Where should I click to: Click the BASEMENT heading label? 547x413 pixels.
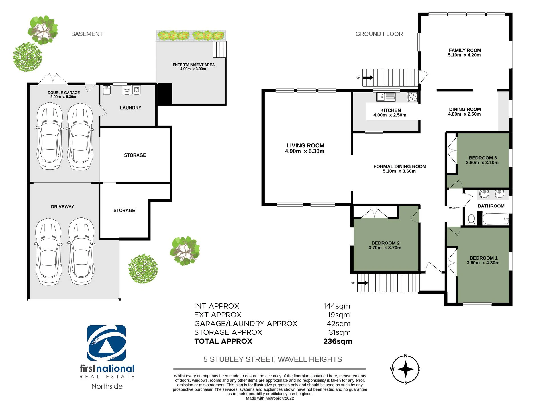tap(87, 34)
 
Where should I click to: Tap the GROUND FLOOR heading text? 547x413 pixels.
tap(379, 34)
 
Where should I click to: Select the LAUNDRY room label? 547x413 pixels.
tap(130, 108)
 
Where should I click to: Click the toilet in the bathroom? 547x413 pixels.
tap(472, 219)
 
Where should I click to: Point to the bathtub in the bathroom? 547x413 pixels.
tap(495, 219)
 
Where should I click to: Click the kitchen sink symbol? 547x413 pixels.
tap(386, 97)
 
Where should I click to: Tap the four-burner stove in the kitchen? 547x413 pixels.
tap(412, 97)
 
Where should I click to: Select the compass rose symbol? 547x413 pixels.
tap(405, 369)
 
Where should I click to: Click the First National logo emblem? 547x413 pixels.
tap(107, 343)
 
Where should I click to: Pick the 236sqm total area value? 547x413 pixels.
tap(338, 341)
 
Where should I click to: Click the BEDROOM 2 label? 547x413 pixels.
tap(385, 243)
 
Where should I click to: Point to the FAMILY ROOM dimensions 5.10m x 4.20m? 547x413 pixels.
tap(464, 55)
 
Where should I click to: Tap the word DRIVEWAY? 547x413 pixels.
tap(62, 207)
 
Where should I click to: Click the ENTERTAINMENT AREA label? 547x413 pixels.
tap(193, 65)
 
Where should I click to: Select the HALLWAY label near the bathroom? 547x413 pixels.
tap(455, 208)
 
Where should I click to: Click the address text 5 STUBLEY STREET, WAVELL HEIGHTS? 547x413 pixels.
tap(273, 359)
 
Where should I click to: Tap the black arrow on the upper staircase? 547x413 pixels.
tap(368, 77)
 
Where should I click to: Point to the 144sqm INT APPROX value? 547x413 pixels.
tap(337, 306)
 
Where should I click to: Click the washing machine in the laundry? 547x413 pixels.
tap(137, 90)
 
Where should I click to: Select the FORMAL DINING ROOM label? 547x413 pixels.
tap(400, 167)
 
